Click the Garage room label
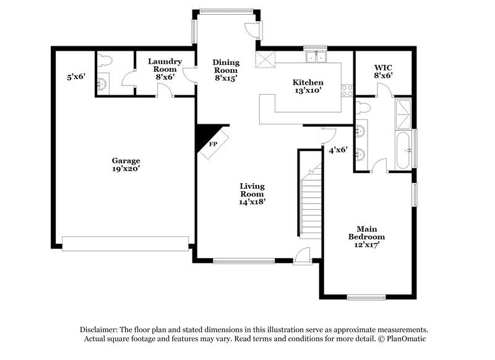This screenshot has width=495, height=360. tap(126, 164)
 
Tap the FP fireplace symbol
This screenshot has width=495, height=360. tap(212, 144)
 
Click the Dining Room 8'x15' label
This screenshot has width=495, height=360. tap(226, 70)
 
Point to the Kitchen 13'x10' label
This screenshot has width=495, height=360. tap(308, 87)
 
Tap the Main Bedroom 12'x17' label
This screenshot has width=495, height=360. tap(366, 236)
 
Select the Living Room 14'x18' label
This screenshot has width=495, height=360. tap(252, 194)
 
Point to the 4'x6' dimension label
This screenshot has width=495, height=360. tap(338, 150)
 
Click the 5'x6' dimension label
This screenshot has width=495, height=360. tap(76, 77)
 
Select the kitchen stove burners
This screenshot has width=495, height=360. tap(347, 92)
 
